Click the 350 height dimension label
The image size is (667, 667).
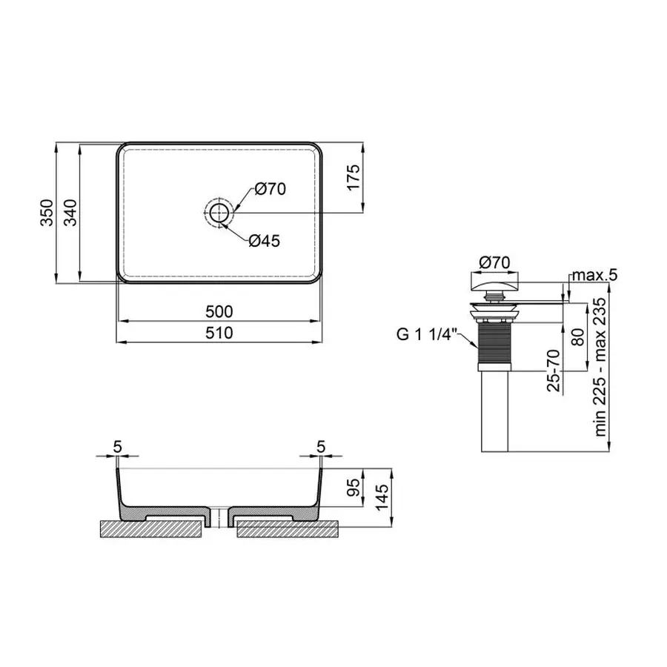pyautogui.click(x=45, y=212)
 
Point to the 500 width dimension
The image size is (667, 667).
pyautogui.click(x=219, y=311)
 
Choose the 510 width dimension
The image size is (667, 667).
pyautogui.click(x=219, y=333)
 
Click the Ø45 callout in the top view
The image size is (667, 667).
pyautogui.click(x=264, y=240)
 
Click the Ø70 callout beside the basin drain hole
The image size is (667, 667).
pyautogui.click(x=271, y=189)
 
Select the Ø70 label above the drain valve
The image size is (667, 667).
pyautogui.click(x=494, y=262)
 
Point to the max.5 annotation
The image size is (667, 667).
pyautogui.click(x=593, y=275)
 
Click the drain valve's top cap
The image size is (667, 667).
pyautogui.click(x=494, y=282)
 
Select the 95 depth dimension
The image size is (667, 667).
pyautogui.click(x=355, y=486)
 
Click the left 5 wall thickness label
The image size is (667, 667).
pyautogui.click(x=118, y=446)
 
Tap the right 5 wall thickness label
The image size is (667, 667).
pyautogui.click(x=320, y=446)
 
